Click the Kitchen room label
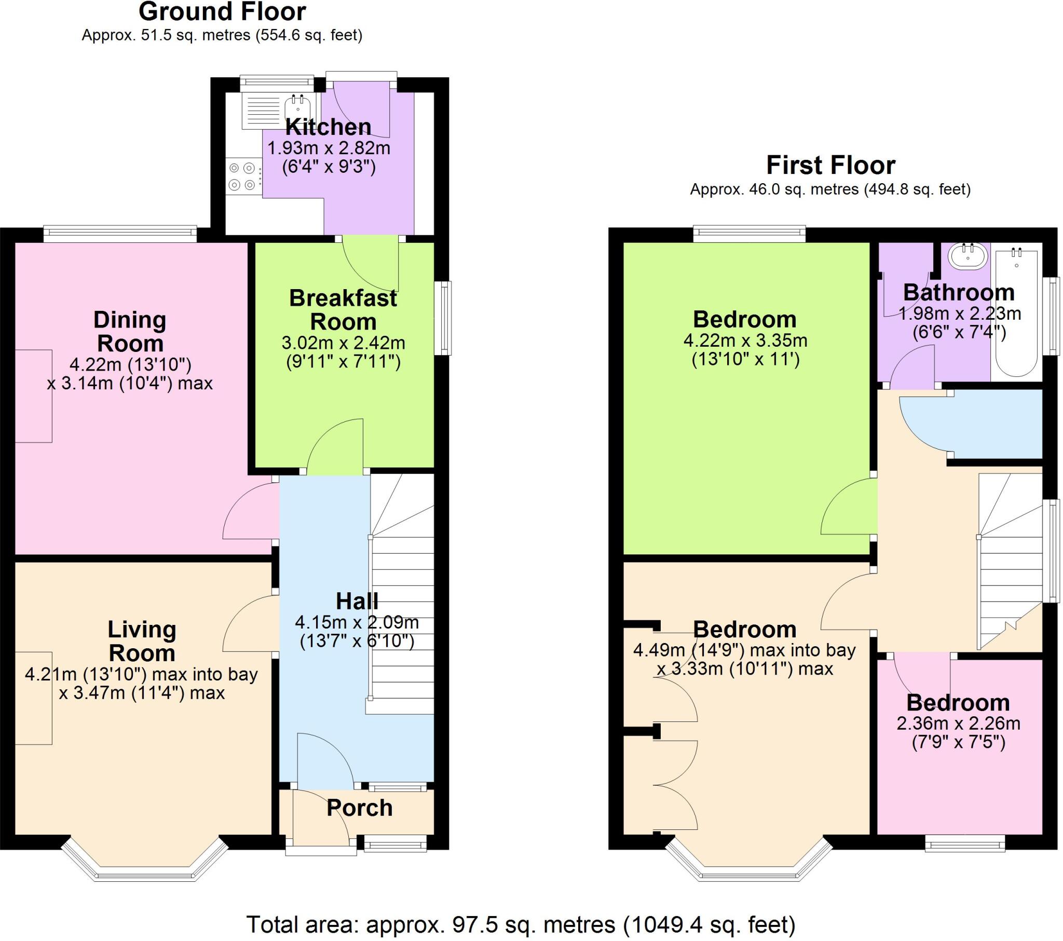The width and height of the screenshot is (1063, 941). point(328,127)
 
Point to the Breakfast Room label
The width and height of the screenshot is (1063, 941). point(343,309)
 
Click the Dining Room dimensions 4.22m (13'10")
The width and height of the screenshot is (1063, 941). point(130,364)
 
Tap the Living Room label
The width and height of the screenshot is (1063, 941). point(142,641)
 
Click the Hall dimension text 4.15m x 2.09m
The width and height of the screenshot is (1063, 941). point(357,622)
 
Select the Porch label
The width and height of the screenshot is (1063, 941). point(359,808)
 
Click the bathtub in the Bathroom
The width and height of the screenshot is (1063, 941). point(1017,312)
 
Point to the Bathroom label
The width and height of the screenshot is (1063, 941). point(959,292)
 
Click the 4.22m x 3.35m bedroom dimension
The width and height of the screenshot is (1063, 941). point(745,340)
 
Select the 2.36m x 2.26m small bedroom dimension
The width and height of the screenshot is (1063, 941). point(959,724)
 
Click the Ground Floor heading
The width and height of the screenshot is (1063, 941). point(222,11)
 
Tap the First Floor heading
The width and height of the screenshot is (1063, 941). point(830,166)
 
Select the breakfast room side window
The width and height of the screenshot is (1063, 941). point(443,318)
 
